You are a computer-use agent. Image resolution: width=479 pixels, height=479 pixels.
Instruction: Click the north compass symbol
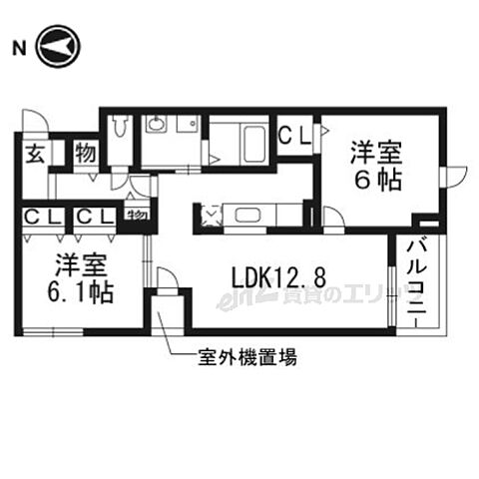[x=58, y=47]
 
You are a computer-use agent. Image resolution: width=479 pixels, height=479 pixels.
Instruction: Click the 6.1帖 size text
[x=82, y=293]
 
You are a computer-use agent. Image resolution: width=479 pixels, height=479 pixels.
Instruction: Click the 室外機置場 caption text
[x=245, y=357]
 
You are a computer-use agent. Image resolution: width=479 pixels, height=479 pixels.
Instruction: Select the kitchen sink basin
[x=241, y=215]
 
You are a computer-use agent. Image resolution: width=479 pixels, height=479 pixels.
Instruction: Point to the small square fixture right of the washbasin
[x=187, y=124]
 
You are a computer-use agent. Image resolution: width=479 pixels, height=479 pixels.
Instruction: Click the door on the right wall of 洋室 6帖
[x=451, y=173]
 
